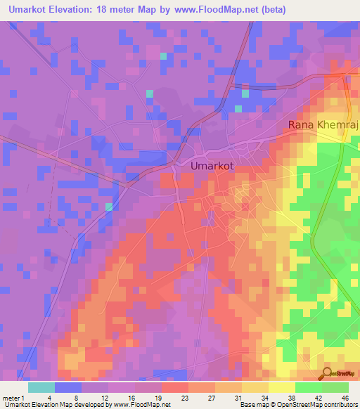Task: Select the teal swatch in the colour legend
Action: coord(41,387)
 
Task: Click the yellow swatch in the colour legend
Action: coord(282,387)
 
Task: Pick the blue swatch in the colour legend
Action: coord(68,387)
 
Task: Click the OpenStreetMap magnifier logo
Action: coord(328,374)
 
